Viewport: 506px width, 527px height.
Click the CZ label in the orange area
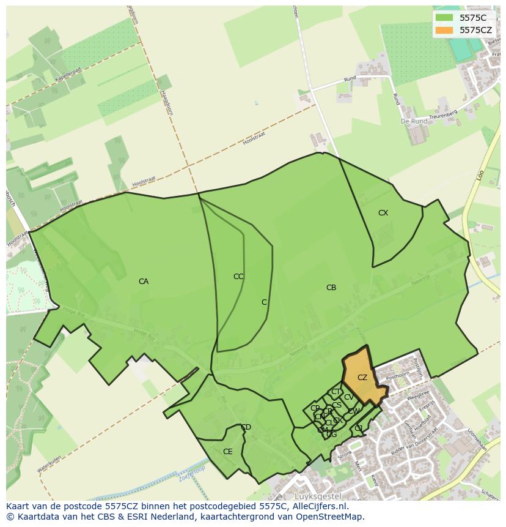tap(362, 378)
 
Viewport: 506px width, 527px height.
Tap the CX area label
tap(383, 213)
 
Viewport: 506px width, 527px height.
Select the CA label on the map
tap(144, 282)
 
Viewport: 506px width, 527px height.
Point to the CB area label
tap(331, 288)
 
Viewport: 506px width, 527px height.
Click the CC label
tap(238, 277)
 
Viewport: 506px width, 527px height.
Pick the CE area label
tap(228, 452)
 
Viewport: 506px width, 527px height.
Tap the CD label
tap(246, 427)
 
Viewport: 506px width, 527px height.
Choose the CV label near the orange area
tap(349, 397)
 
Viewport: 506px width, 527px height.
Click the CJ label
tap(359, 428)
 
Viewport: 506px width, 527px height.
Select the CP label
tap(315, 408)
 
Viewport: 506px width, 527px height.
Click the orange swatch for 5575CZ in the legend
tap(444, 30)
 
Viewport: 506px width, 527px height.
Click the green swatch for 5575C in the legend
tap(444, 18)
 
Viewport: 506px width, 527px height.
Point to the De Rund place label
tap(414, 121)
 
